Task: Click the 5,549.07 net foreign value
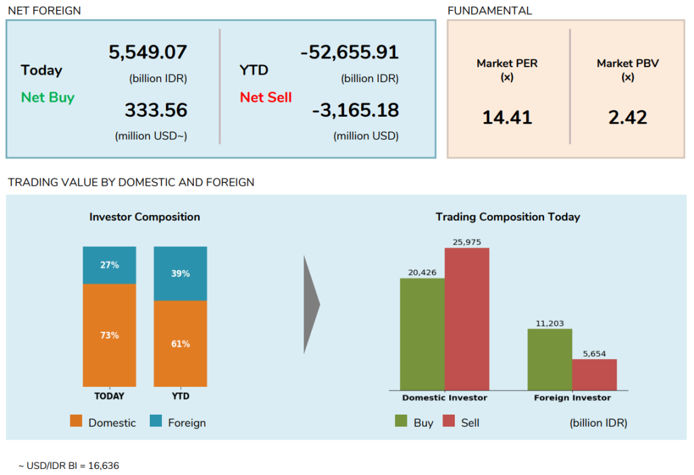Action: [148, 52]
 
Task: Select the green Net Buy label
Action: [47, 97]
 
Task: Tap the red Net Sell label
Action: [266, 97]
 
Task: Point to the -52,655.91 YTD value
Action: [350, 52]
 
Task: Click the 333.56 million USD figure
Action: [156, 110]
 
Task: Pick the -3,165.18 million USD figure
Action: [355, 110]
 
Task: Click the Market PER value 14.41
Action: [507, 117]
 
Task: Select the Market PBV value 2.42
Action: [628, 117]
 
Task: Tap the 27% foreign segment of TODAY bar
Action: [109, 265]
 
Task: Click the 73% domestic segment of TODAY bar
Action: [109, 335]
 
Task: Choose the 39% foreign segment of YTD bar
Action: [180, 273]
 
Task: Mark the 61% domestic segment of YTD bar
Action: [180, 343]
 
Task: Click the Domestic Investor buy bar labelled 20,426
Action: [422, 334]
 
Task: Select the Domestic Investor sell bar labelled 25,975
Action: [467, 319]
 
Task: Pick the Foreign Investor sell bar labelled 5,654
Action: [594, 375]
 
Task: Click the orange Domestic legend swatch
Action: [77, 422]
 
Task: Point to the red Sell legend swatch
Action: [449, 422]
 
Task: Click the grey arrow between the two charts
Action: [310, 305]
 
